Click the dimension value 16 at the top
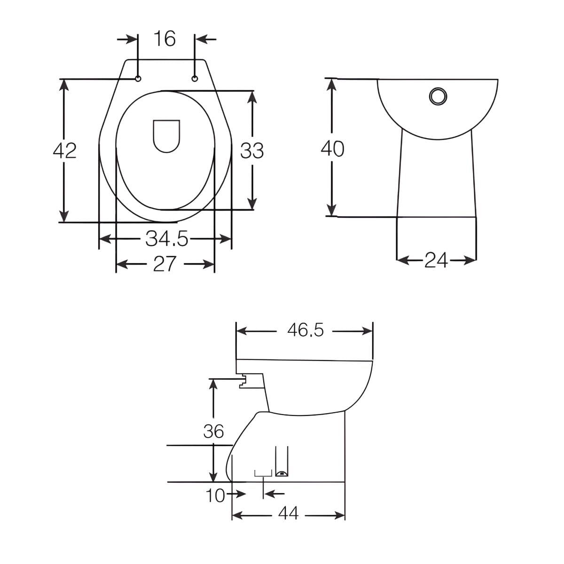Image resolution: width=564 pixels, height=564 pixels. pyautogui.click(x=165, y=39)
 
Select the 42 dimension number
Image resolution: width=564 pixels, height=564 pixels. pyautogui.click(x=65, y=151)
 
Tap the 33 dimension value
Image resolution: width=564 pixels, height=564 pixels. pyautogui.click(x=252, y=151)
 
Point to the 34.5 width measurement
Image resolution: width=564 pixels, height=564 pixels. pyautogui.click(x=166, y=239)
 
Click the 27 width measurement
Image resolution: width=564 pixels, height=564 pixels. pyautogui.click(x=165, y=264)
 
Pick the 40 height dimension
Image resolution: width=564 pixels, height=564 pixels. pyautogui.click(x=332, y=149)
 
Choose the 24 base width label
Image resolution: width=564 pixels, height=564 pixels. pyautogui.click(x=436, y=260)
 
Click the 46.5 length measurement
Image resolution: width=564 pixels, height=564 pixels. pyautogui.click(x=305, y=330)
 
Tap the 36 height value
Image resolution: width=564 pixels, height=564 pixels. pyautogui.click(x=213, y=431)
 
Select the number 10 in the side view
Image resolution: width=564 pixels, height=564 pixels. pyautogui.click(x=215, y=495)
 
